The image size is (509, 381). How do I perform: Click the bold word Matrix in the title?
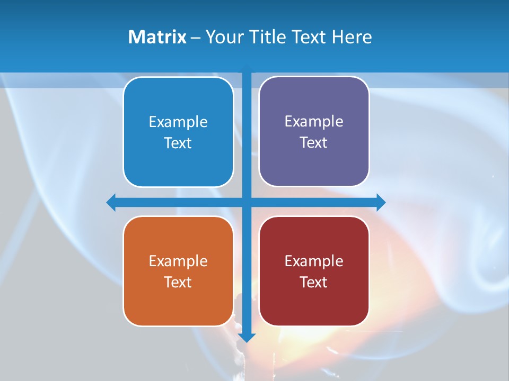[157, 37]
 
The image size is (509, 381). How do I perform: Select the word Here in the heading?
[352, 37]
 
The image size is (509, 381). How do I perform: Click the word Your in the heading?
[223, 37]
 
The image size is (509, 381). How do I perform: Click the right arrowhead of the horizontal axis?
[381, 202]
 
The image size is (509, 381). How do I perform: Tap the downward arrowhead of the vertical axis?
[247, 338]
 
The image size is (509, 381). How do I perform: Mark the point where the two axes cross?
[247, 202]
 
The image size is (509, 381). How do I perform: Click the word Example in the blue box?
[178, 122]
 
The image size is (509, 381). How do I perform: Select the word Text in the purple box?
[314, 142]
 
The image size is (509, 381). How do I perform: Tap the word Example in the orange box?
[178, 261]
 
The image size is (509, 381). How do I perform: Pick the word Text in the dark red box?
[314, 282]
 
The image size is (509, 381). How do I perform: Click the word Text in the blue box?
[178, 143]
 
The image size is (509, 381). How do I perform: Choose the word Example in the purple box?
[314, 121]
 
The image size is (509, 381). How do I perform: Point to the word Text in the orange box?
[178, 282]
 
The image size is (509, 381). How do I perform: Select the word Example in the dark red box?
[314, 261]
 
